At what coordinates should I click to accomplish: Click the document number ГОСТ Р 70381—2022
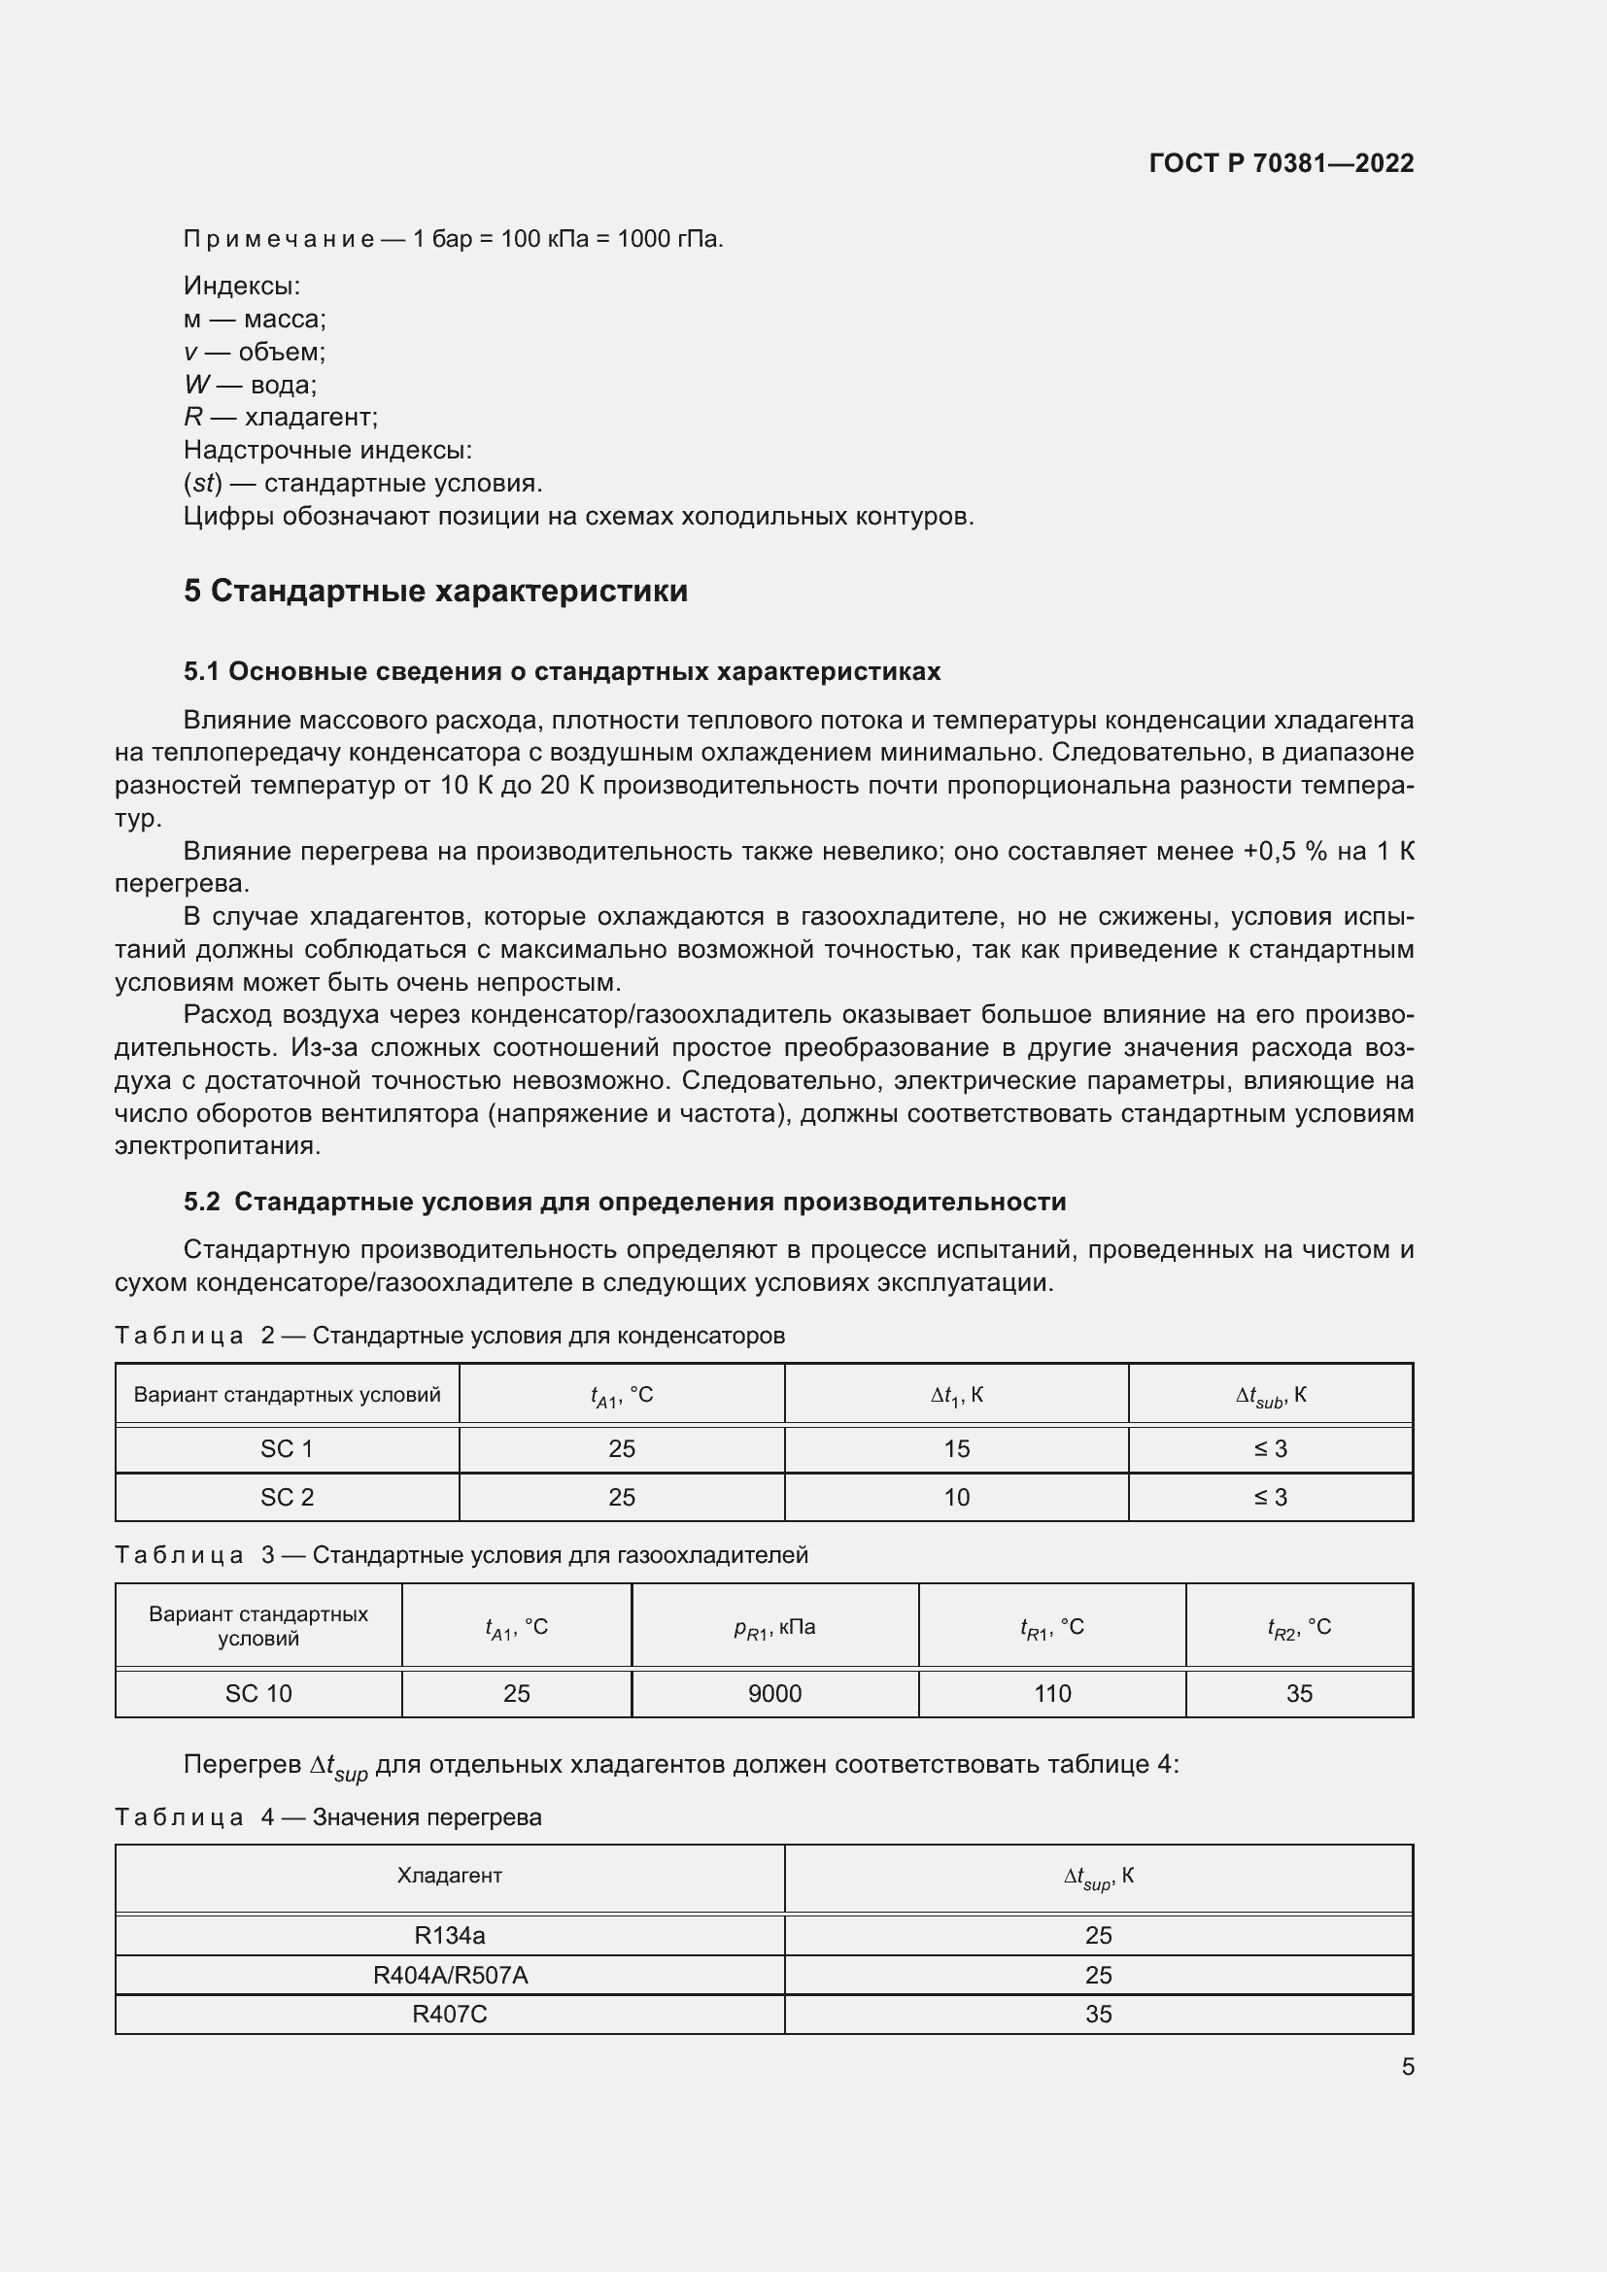pyautogui.click(x=1281, y=163)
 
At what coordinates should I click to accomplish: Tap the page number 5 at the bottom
pyautogui.click(x=1407, y=2066)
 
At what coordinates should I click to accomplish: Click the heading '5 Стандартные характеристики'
pyautogui.click(x=435, y=591)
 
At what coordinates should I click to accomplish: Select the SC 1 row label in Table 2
pyautogui.click(x=287, y=1448)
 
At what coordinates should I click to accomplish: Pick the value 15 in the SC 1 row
pyautogui.click(x=956, y=1448)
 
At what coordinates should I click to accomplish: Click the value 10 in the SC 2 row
pyautogui.click(x=956, y=1497)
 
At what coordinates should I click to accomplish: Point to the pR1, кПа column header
pyautogui.click(x=773, y=1628)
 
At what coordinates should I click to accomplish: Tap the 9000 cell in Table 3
pyautogui.click(x=773, y=1693)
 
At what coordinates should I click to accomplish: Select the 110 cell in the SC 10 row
pyautogui.click(x=1052, y=1693)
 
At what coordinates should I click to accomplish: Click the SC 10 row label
pyautogui.click(x=258, y=1693)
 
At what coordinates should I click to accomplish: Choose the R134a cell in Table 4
pyautogui.click(x=449, y=1935)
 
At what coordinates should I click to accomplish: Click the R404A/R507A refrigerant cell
pyautogui.click(x=449, y=1975)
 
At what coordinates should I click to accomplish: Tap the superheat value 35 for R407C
pyautogui.click(x=1099, y=2014)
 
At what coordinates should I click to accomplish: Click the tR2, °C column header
pyautogui.click(x=1298, y=1628)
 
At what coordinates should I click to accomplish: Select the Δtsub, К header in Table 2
pyautogui.click(x=1271, y=1395)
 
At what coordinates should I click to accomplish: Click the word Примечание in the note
pyautogui.click(x=278, y=240)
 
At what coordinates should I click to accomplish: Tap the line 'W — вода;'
pyautogui.click(x=251, y=385)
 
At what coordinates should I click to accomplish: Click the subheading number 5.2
pyautogui.click(x=202, y=1202)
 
